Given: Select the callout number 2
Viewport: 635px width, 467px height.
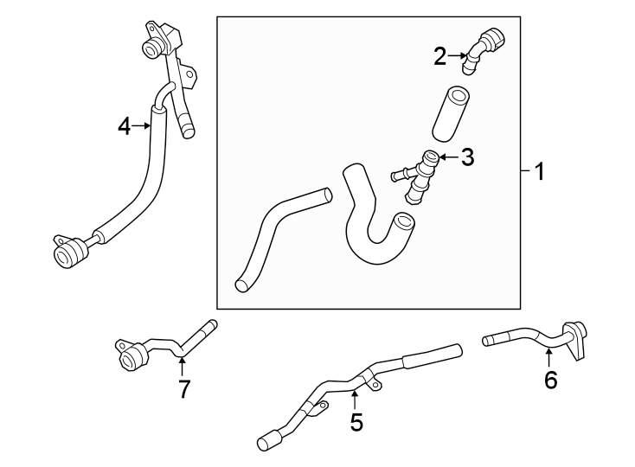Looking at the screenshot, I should click(x=440, y=57).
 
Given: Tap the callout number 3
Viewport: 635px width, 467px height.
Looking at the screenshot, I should click(x=467, y=157).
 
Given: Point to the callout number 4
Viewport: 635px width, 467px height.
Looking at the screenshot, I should click(x=124, y=126).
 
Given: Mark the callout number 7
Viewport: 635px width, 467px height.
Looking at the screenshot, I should click(x=183, y=388).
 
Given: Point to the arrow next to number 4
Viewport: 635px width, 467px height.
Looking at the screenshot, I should click(x=142, y=126).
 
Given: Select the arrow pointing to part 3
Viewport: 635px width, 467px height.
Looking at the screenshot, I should click(x=447, y=157).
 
